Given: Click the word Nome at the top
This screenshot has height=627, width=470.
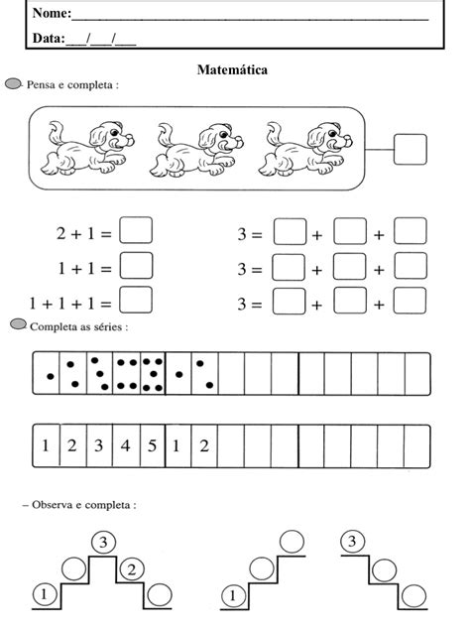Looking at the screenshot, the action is (x=51, y=14).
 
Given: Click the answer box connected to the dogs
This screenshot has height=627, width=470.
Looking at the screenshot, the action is (x=410, y=151).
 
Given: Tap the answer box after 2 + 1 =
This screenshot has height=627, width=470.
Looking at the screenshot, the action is (x=136, y=231).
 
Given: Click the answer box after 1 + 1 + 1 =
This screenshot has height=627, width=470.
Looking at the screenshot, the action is (x=136, y=300).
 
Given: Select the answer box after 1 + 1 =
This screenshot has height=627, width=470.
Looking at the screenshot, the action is (x=136, y=266).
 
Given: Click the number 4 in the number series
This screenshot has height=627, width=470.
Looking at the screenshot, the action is (x=125, y=445).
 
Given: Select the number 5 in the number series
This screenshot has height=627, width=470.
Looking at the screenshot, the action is (x=151, y=445).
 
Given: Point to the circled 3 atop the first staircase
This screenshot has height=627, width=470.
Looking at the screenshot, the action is (x=102, y=542).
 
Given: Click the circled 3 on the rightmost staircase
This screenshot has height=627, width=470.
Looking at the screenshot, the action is (x=352, y=542).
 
